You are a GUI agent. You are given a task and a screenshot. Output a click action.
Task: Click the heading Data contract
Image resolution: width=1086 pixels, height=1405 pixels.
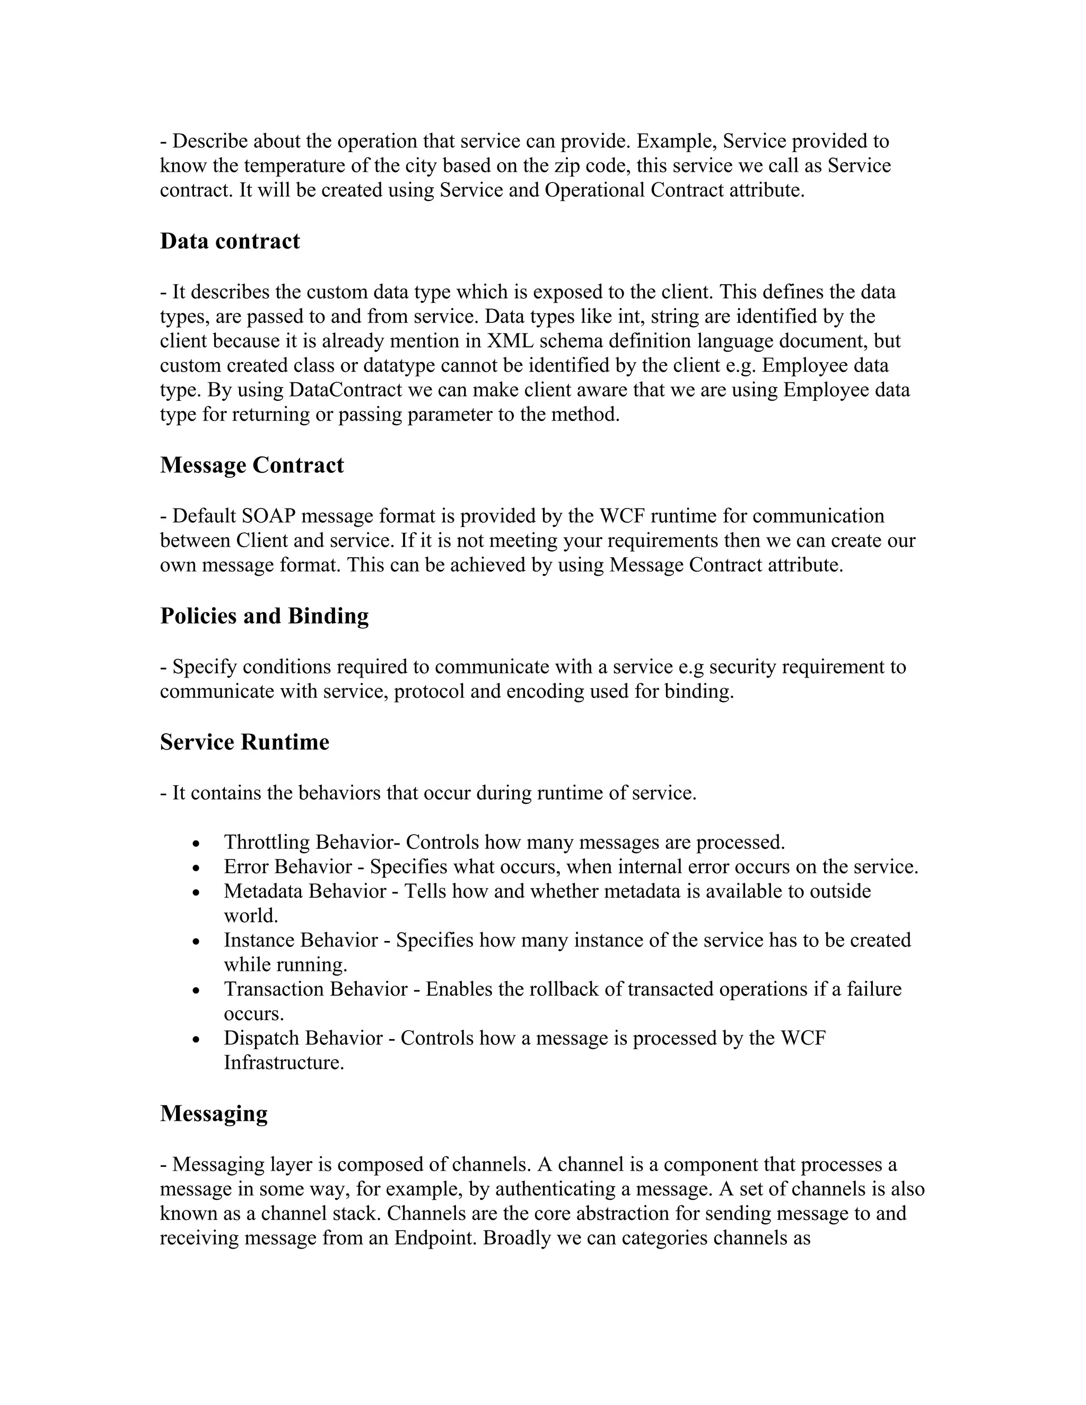click(230, 241)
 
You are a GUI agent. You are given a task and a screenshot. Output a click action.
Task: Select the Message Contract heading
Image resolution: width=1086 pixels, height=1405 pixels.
click(251, 465)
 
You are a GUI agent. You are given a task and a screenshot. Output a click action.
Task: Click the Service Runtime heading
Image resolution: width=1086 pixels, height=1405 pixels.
click(244, 742)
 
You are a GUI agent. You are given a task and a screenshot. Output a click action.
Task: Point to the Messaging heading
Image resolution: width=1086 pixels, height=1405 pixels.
click(214, 1113)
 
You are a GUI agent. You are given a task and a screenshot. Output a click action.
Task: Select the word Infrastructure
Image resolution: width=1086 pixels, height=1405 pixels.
click(284, 1062)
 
